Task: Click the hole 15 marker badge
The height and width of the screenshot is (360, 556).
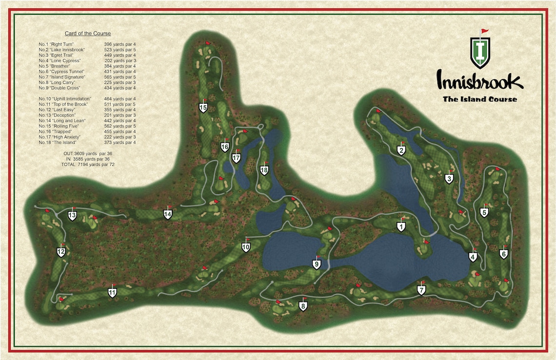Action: pyautogui.click(x=203, y=108)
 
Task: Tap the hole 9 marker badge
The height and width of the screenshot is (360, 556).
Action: pyautogui.click(x=317, y=264)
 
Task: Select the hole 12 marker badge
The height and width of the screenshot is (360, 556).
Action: pyautogui.click(x=61, y=252)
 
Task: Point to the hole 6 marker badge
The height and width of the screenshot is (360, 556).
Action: pyautogui.click(x=504, y=254)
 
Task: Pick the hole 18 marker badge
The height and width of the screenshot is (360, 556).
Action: pyautogui.click(x=264, y=170)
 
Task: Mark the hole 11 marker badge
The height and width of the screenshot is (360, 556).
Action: pyautogui.click(x=112, y=293)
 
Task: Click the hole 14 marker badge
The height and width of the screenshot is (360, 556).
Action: pyautogui.click(x=168, y=214)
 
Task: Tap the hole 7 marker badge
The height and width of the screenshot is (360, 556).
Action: pyautogui.click(x=421, y=290)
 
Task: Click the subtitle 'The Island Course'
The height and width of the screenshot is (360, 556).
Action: pyautogui.click(x=480, y=100)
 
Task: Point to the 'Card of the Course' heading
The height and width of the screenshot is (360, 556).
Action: pyautogui.click(x=88, y=34)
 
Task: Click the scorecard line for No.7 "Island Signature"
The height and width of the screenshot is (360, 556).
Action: pyautogui.click(x=87, y=77)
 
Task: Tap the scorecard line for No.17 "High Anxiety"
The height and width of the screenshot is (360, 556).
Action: pyautogui.click(x=87, y=137)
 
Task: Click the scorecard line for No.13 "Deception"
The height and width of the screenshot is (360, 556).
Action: pyautogui.click(x=87, y=115)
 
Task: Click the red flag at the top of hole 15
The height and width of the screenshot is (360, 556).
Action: pyautogui.click(x=208, y=43)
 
